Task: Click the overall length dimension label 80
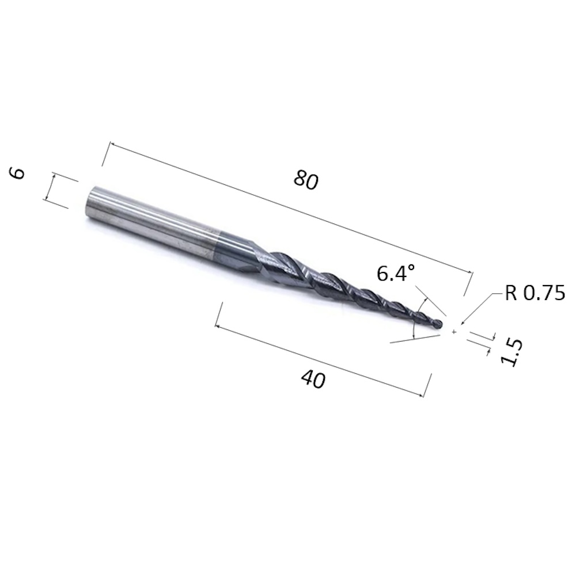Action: (305, 180)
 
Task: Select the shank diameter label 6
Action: (19, 172)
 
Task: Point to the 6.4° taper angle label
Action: (396, 274)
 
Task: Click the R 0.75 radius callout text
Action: (535, 294)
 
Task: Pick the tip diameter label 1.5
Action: (511, 353)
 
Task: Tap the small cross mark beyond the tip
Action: (454, 332)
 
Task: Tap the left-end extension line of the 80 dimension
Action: (106, 153)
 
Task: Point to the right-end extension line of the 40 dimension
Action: (427, 385)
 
